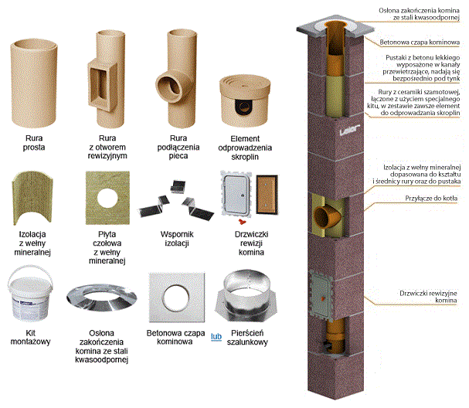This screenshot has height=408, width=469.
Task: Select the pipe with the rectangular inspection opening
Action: (108, 77)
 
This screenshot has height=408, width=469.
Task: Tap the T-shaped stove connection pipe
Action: (175, 77)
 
